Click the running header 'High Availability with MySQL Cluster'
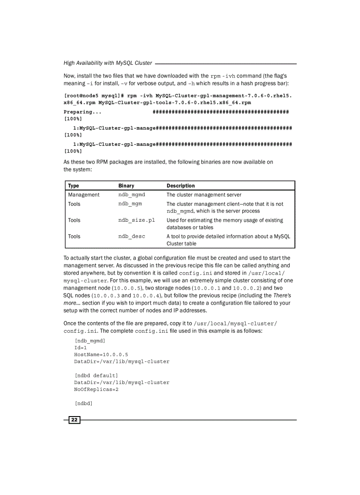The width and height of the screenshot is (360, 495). (x=108, y=63)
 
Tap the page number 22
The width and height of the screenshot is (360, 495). (x=74, y=420)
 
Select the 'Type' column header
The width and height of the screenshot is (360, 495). (x=74, y=186)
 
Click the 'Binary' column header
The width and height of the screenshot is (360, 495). (x=126, y=186)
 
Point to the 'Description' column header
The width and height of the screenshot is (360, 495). (x=180, y=186)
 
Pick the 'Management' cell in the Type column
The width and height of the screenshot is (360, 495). (x=84, y=194)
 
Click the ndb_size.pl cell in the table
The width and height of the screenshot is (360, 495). (x=136, y=220)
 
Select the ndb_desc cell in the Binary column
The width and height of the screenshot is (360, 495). (x=131, y=236)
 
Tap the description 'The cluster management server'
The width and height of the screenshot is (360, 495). (x=204, y=194)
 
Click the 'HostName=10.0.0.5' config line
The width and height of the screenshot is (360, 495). (x=101, y=354)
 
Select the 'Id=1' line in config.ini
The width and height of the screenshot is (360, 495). (x=80, y=347)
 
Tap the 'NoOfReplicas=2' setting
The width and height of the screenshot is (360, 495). (x=96, y=390)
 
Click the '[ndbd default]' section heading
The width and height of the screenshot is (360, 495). (x=96, y=375)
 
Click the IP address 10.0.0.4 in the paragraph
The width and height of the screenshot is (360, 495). (x=146, y=295)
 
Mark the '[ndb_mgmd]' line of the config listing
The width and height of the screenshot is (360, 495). (x=90, y=340)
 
